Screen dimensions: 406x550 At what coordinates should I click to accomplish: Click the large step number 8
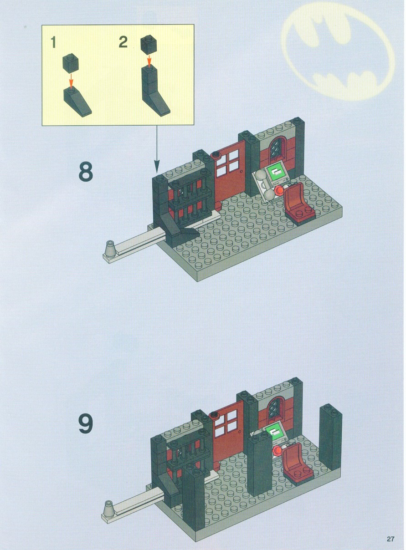tap(86, 171)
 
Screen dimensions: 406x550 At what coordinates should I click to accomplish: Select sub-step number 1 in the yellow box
tap(53, 42)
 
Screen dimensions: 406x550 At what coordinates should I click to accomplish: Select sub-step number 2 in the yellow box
tap(123, 42)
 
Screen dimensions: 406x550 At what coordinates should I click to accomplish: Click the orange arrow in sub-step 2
tap(149, 61)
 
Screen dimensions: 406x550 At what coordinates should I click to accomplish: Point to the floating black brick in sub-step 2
tap(149, 45)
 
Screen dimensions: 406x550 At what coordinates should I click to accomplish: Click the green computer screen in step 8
tap(277, 173)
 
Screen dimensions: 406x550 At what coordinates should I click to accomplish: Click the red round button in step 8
tap(279, 190)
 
